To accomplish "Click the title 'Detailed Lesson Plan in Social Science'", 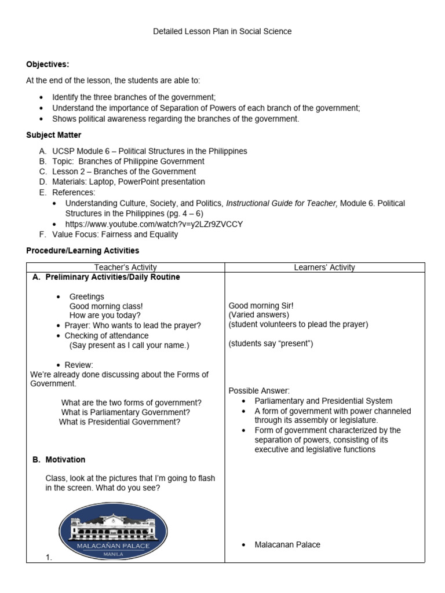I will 222,31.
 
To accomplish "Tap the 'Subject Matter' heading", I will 54,135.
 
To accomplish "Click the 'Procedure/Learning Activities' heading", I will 83,250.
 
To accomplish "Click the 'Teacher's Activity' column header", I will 125,268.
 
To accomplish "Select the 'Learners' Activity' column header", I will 324,268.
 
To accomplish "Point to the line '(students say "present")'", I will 271,343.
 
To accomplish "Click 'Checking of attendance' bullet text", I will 107,335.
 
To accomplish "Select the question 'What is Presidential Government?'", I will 119,422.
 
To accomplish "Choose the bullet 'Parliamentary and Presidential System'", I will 323,401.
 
